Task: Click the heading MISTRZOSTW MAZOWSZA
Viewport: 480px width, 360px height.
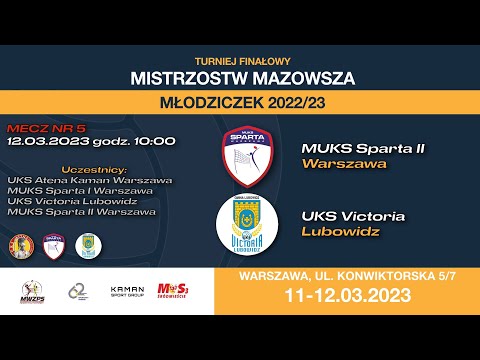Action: click(240, 77)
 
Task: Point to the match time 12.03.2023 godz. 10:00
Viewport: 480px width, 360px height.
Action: click(91, 141)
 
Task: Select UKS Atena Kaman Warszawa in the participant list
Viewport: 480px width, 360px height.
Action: click(89, 180)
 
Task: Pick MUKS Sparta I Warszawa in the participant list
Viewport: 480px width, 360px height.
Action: click(79, 190)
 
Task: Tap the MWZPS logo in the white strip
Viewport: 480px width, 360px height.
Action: click(34, 291)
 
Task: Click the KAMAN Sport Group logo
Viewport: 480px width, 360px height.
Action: click(127, 291)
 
